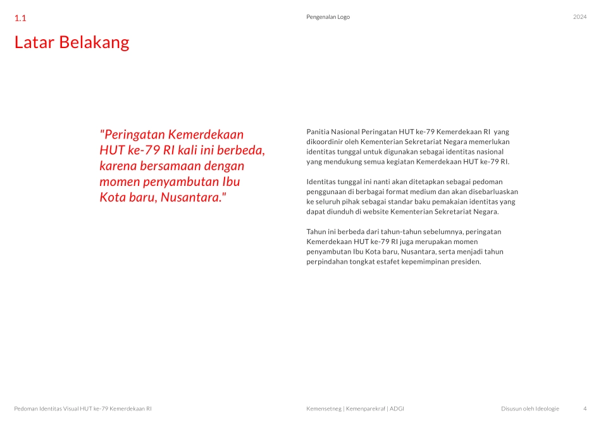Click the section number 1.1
(x=20, y=18)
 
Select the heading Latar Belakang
(x=71, y=42)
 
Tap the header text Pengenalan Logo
(x=328, y=17)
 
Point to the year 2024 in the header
(x=579, y=17)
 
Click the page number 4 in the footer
(x=585, y=409)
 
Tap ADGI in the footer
(x=397, y=409)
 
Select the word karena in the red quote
(x=117, y=166)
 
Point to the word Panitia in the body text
(x=318, y=132)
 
